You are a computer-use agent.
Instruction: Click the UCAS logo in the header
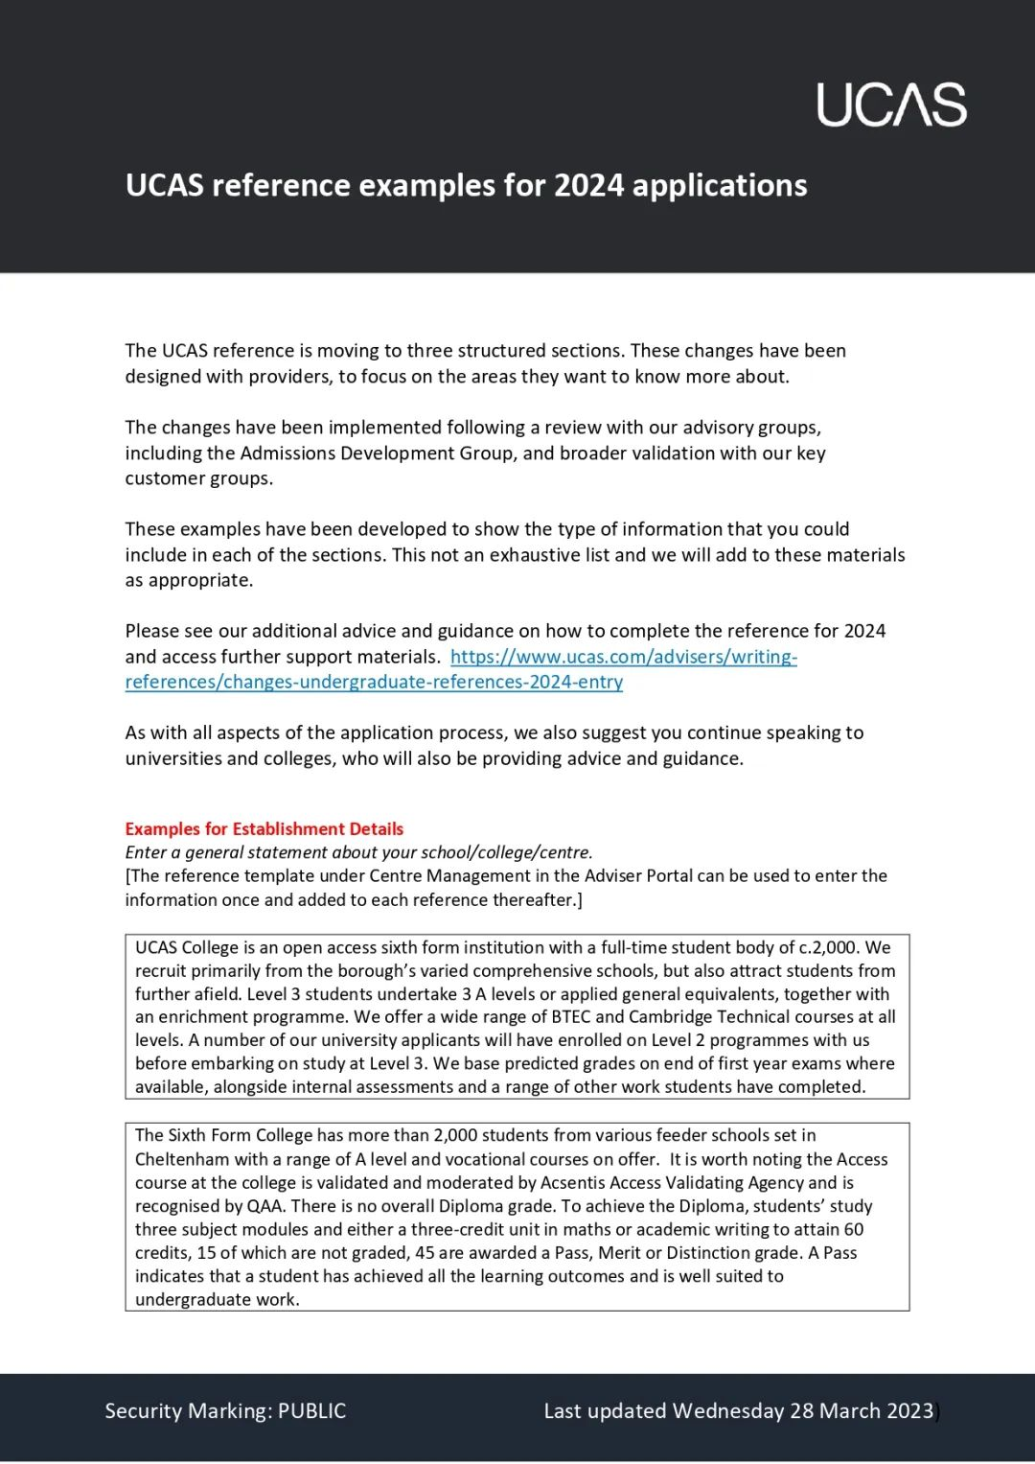click(891, 105)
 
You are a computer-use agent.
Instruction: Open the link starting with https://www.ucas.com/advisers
click(623, 657)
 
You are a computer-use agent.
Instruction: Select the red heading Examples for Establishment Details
click(264, 829)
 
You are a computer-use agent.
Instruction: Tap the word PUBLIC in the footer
click(311, 1411)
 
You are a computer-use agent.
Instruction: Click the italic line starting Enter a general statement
click(358, 852)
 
